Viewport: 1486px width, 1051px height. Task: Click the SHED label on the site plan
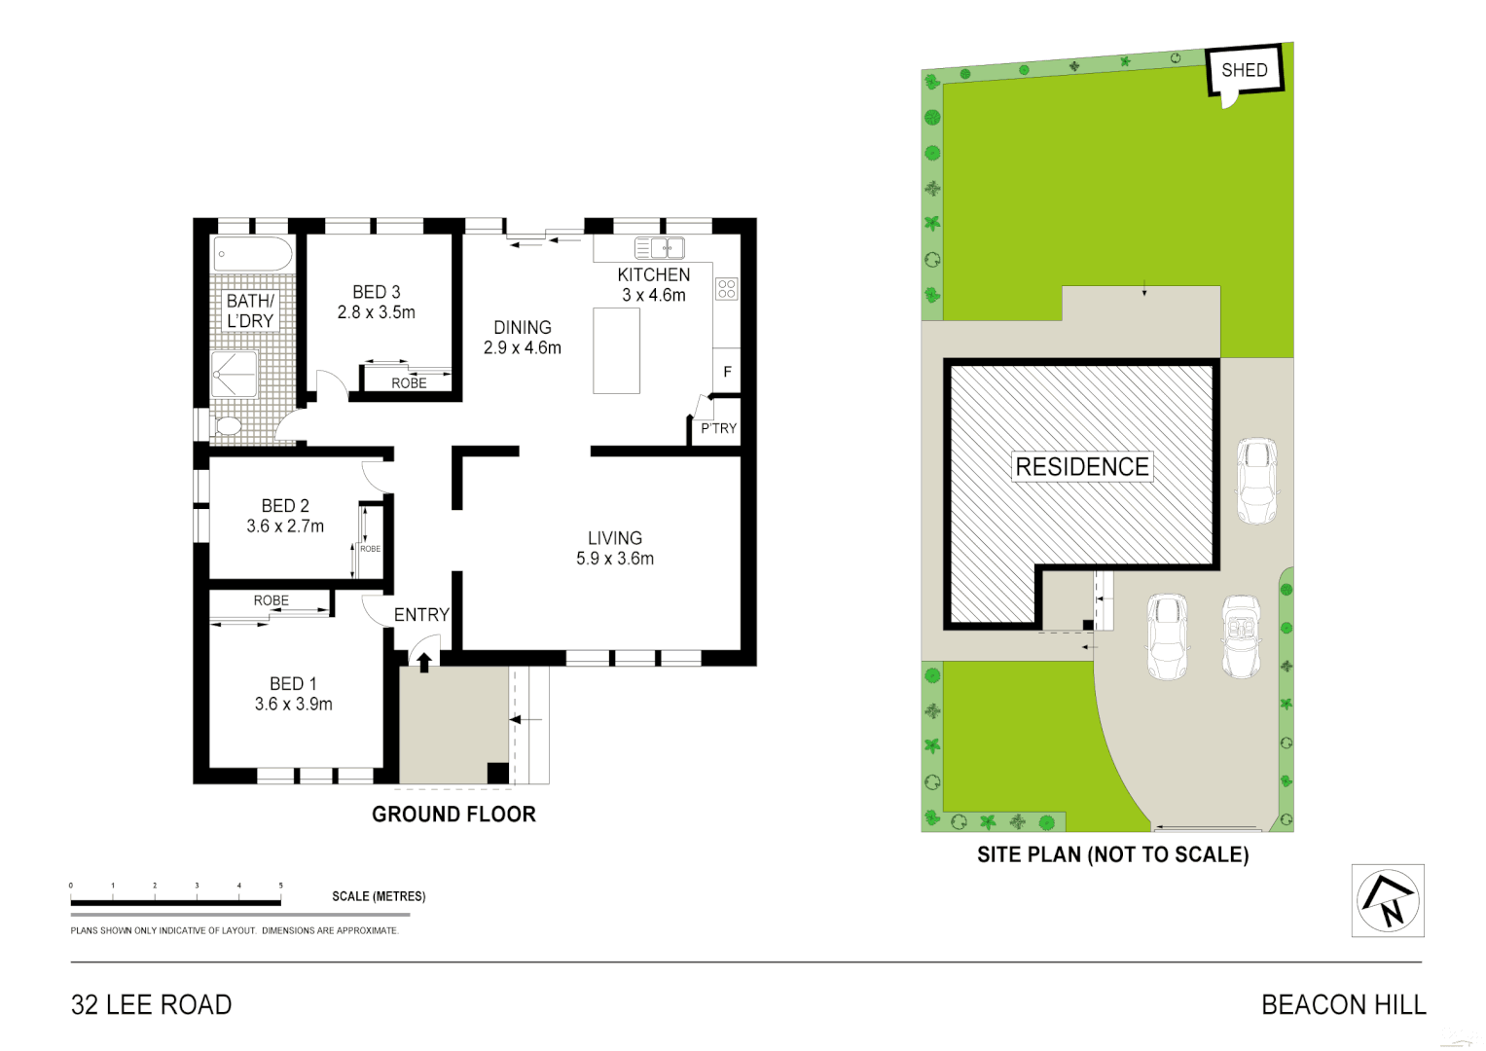point(1244,70)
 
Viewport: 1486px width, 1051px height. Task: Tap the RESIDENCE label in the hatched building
point(1082,467)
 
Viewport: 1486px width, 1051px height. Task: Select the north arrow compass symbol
point(1388,901)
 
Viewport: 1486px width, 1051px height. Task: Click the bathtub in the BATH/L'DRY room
point(253,254)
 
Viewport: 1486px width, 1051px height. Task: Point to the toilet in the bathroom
point(228,425)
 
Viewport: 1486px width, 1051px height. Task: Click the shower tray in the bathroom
point(235,375)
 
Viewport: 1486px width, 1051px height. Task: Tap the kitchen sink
point(660,248)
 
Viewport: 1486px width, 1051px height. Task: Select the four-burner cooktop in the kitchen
point(727,288)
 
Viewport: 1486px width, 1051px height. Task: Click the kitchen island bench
point(616,350)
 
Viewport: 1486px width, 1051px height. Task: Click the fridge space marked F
point(727,372)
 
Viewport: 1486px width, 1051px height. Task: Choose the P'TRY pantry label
point(718,428)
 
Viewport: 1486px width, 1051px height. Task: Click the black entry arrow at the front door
point(424,663)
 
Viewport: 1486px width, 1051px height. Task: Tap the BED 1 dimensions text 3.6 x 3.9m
point(293,705)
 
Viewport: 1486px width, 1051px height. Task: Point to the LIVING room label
point(615,538)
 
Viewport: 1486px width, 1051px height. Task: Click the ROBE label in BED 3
point(409,383)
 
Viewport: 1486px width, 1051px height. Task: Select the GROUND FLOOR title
point(453,815)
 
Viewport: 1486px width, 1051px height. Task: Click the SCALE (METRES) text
point(379,896)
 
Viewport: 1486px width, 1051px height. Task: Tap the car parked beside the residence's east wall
point(1256,481)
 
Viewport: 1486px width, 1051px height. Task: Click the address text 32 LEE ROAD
point(152,1005)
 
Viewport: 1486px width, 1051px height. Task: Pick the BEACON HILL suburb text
point(1343,1005)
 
